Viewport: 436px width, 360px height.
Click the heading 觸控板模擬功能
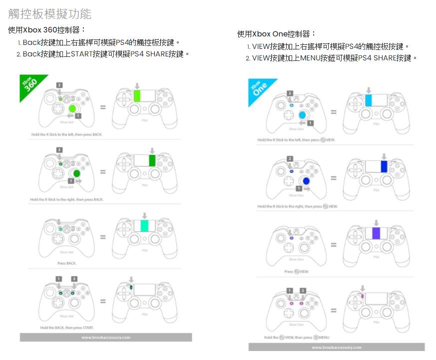(50, 14)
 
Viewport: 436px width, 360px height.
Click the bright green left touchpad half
(137, 96)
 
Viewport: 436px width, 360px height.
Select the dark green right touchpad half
(152, 161)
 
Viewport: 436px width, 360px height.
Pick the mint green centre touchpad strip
(145, 225)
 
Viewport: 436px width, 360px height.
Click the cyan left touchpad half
(368, 100)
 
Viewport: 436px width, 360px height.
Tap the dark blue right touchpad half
(384, 166)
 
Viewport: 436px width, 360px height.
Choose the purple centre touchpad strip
(376, 233)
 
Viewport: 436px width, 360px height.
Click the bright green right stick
(72, 108)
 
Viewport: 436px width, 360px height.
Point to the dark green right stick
(76, 174)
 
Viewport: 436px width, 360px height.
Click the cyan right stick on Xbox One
(302, 115)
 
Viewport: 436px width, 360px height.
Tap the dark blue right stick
(305, 181)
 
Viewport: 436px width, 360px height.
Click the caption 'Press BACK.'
(67, 263)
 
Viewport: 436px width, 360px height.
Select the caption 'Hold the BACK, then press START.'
(66, 328)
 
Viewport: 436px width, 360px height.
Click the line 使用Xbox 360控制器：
(47, 30)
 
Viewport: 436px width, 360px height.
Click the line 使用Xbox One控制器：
(277, 34)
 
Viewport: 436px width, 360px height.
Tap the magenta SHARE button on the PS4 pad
(363, 296)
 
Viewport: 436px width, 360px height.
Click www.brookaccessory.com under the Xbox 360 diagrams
(105, 338)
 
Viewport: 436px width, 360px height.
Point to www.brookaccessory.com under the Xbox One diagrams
(336, 347)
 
